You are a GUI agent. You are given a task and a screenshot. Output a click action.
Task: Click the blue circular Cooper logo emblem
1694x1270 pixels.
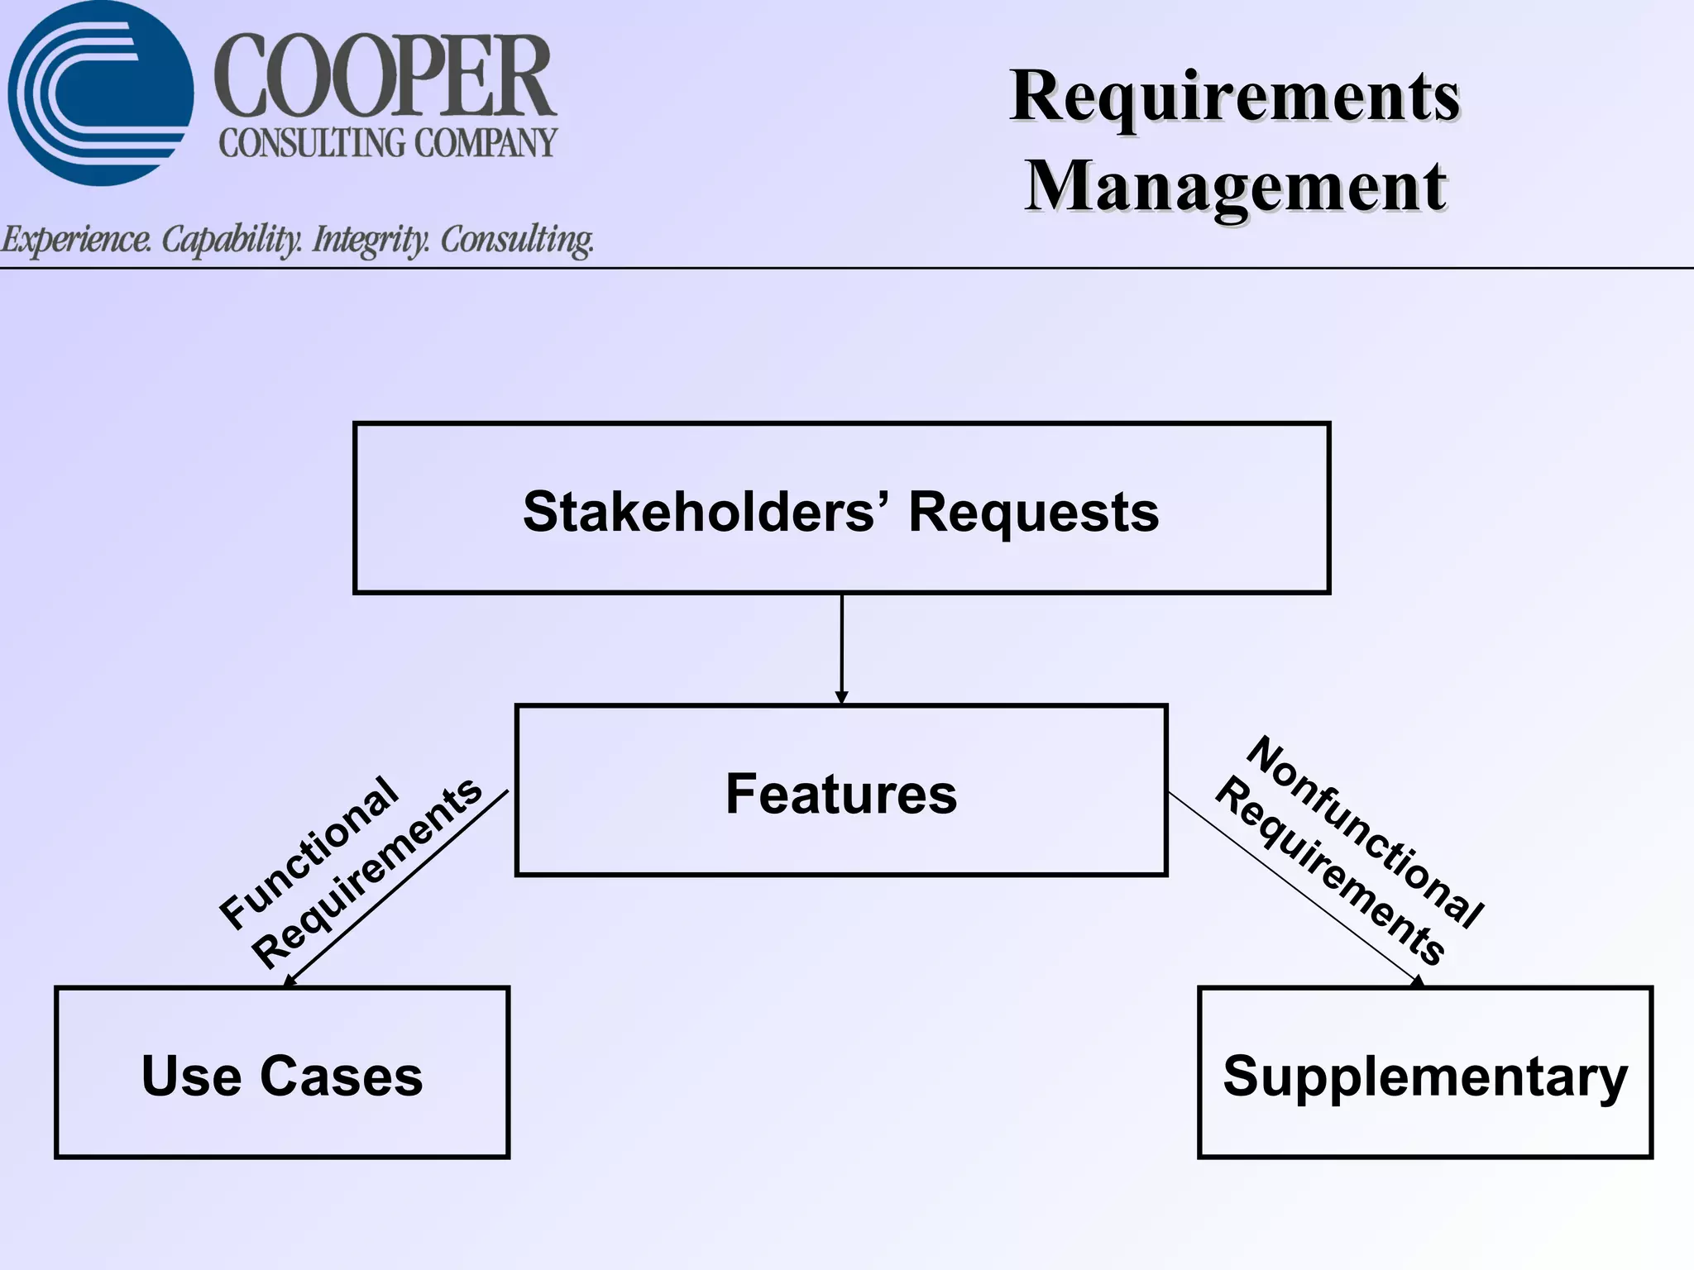[x=101, y=93]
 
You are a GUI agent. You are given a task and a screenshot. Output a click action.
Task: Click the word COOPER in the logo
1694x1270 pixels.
[x=385, y=77]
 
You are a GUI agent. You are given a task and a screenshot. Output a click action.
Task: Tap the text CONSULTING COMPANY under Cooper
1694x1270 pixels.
[x=388, y=143]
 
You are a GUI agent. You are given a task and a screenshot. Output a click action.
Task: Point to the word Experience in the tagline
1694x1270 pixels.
[x=76, y=240]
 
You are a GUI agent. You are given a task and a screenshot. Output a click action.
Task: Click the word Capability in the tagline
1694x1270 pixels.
[x=232, y=240]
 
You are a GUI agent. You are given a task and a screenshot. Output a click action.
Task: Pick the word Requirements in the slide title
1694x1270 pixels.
[x=1235, y=98]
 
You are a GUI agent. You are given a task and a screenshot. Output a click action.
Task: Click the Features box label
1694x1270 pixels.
[x=841, y=793]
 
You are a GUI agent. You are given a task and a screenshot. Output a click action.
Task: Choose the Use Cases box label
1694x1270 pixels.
[x=282, y=1076]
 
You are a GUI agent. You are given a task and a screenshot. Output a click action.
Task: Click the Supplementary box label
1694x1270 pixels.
[x=1425, y=1076]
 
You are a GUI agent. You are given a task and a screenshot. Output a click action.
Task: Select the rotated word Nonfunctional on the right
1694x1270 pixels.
[x=1365, y=832]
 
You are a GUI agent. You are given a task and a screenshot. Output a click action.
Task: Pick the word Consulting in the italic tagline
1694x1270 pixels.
[x=517, y=240]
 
